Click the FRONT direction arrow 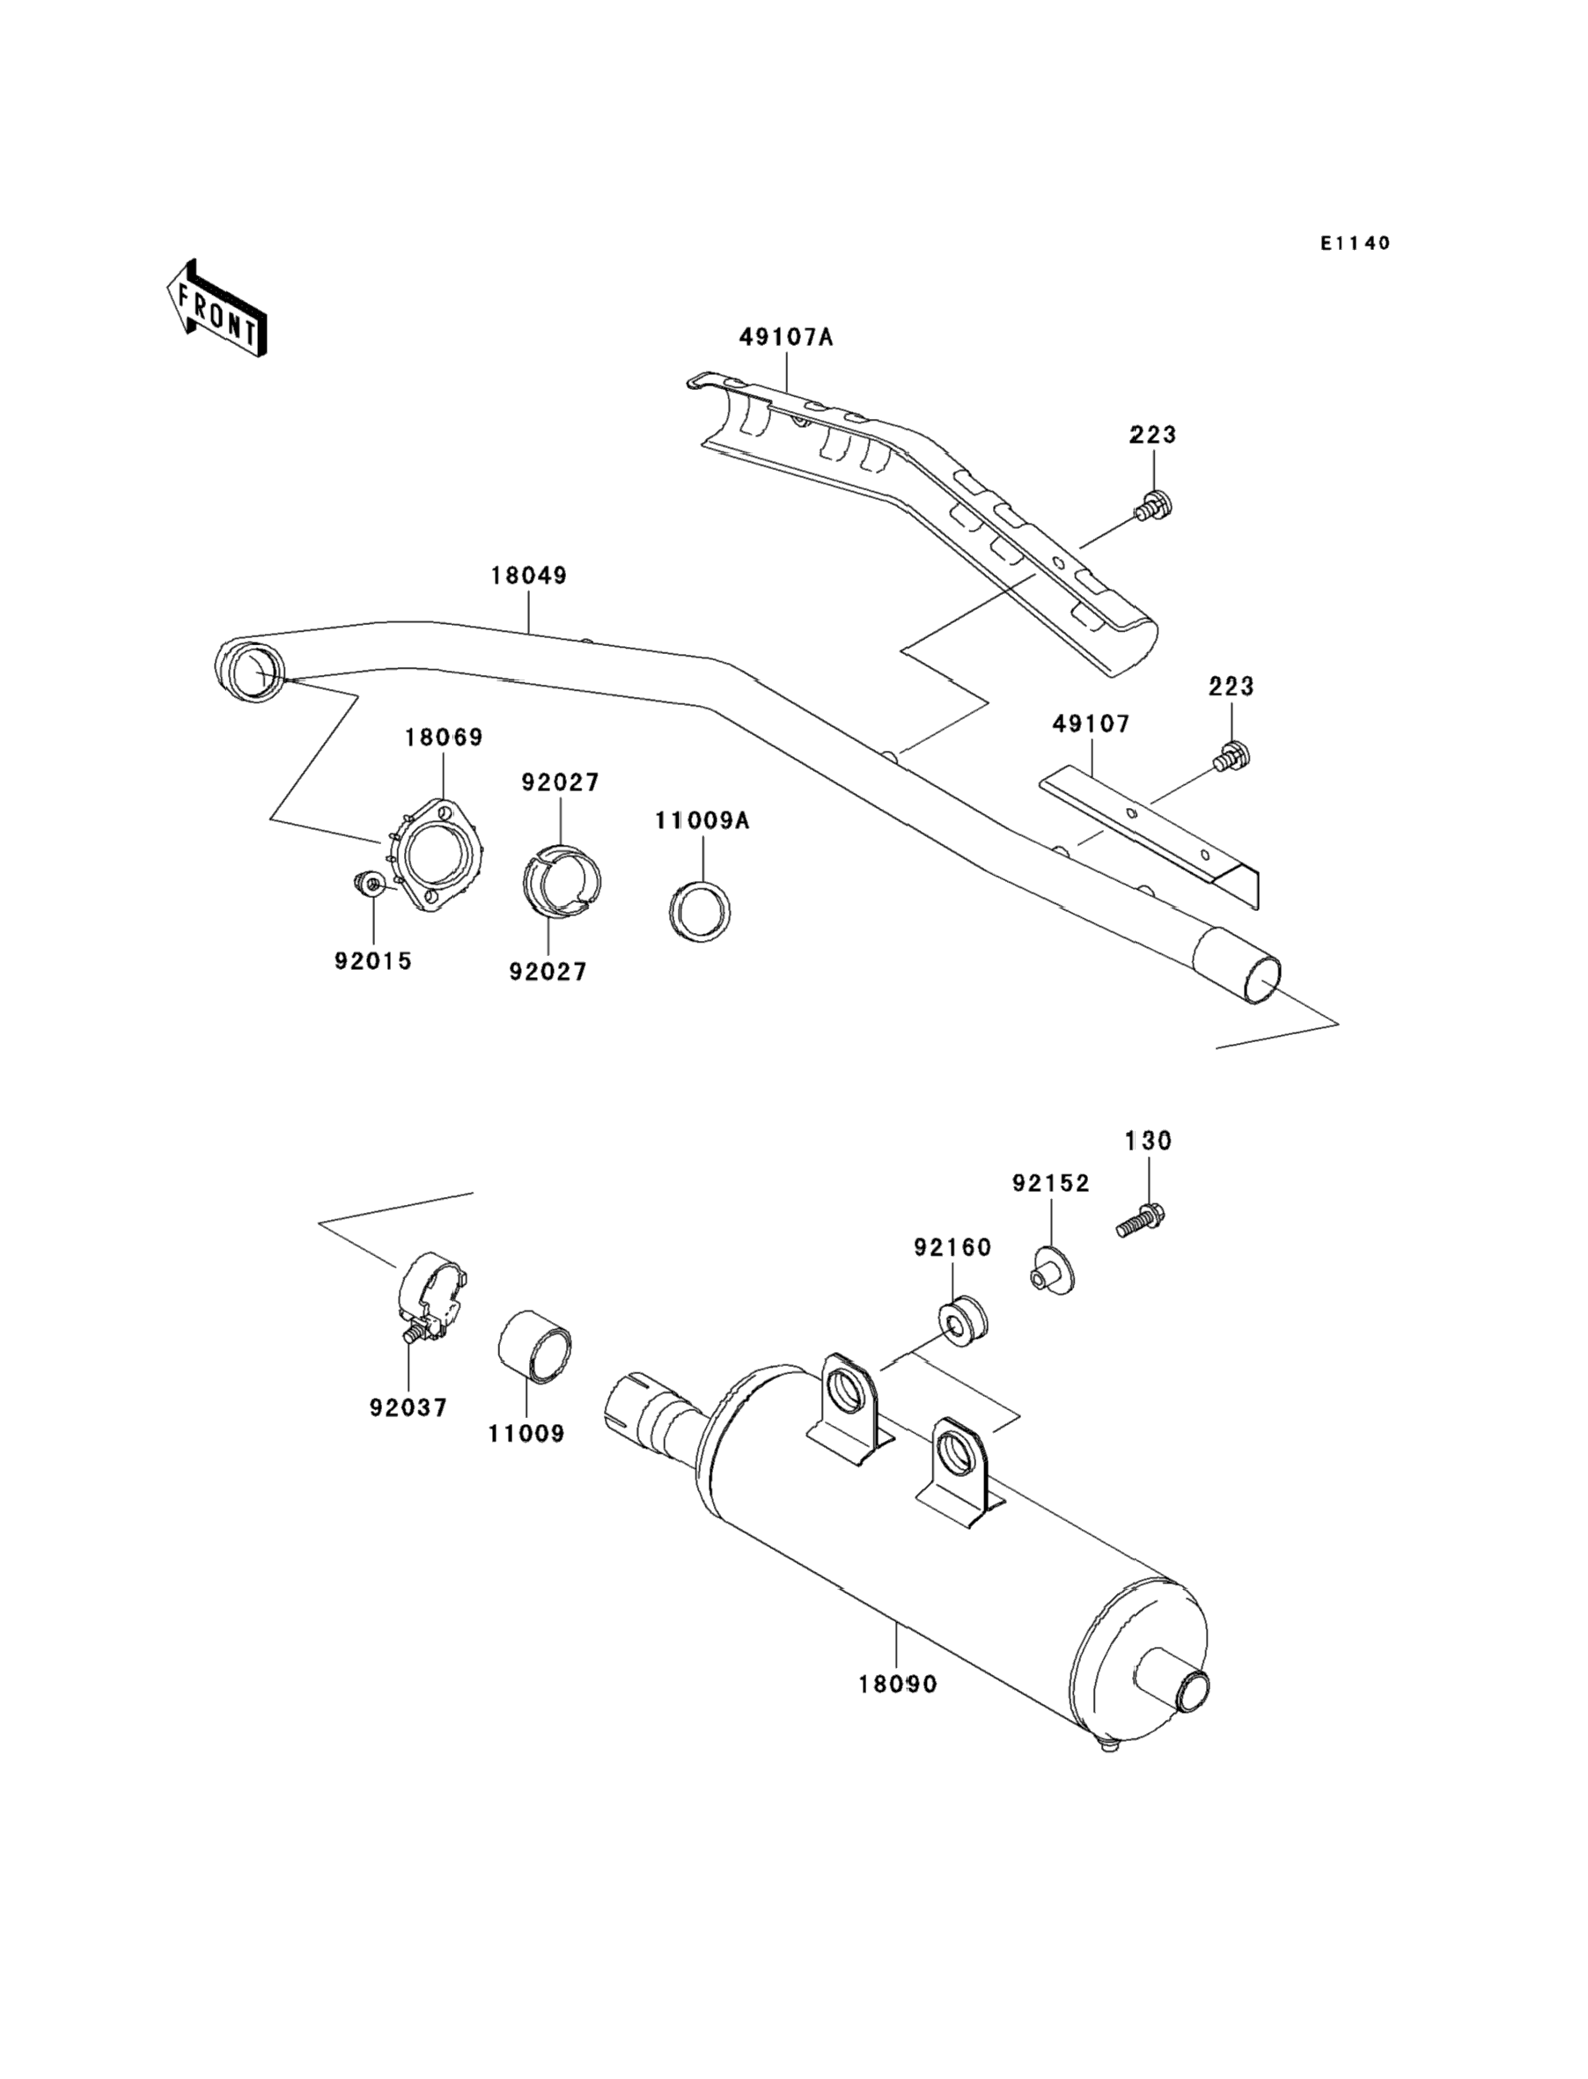(217, 309)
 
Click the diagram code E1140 (1356, 243)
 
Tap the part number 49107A (785, 336)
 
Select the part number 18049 (528, 576)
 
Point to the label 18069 (444, 737)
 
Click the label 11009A (702, 821)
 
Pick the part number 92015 (372, 961)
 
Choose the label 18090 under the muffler (898, 1684)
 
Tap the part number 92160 (952, 1247)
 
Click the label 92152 (1051, 1183)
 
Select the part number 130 (1148, 1141)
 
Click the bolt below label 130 (1140, 1220)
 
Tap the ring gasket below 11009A (700, 912)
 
